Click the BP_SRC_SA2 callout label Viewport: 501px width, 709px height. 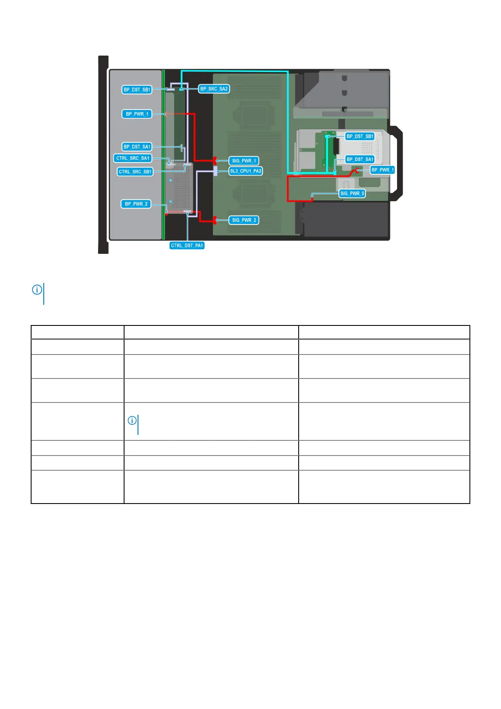pos(214,89)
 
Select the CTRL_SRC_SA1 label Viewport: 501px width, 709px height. pos(133,158)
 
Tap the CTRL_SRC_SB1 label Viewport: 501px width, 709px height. pos(135,172)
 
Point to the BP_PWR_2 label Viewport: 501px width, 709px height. pos(136,204)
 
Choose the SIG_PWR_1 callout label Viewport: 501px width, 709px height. pos(244,161)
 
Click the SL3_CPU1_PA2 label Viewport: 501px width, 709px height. pos(246,171)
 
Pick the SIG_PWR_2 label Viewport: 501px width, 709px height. pos(244,220)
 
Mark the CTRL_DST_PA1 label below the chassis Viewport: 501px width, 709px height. pos(187,245)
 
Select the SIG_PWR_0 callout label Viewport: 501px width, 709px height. pos(352,194)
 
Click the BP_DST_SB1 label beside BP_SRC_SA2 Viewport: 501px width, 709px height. pos(137,90)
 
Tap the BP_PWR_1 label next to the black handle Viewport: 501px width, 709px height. pos(382,170)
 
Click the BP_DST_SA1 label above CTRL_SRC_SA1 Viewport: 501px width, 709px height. pos(137,147)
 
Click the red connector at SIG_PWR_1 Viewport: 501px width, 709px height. pos(215,160)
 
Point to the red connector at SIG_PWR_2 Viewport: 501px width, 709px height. pos(215,220)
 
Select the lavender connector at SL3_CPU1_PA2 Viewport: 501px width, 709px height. pos(215,171)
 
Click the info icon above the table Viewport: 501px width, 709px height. pos(37,290)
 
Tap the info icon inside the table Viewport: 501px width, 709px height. pos(132,420)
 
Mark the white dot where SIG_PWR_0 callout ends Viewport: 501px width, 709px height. pos(312,195)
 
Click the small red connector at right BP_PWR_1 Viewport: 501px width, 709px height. pos(358,170)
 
